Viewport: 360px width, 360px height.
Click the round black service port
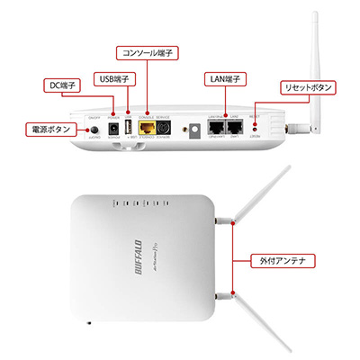click(164, 130)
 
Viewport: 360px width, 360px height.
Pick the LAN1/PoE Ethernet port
click(216, 129)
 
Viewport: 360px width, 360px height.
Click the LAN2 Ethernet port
click(235, 129)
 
